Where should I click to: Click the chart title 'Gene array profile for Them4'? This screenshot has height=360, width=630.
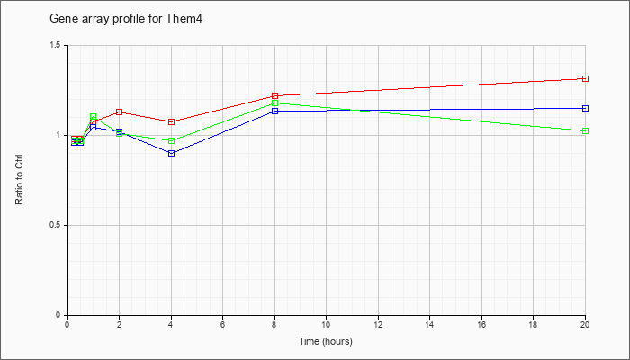(125, 19)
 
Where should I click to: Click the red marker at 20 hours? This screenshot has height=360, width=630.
(585, 79)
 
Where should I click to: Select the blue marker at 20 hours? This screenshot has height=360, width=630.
(585, 109)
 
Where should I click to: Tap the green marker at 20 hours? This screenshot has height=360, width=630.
(585, 131)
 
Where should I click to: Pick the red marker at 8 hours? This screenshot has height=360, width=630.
(274, 96)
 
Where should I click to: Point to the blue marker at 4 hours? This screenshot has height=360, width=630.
(172, 154)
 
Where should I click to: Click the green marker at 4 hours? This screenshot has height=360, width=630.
(172, 141)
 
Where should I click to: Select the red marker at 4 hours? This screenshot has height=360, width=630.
(172, 121)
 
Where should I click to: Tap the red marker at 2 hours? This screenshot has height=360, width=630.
(120, 112)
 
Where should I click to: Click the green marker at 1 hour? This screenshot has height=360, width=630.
(94, 117)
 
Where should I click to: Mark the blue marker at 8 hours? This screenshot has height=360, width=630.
(274, 112)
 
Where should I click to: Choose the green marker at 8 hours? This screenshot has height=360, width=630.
(274, 103)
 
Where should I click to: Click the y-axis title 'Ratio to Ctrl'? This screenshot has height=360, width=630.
(19, 180)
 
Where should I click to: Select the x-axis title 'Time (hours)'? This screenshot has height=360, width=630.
(326, 341)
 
